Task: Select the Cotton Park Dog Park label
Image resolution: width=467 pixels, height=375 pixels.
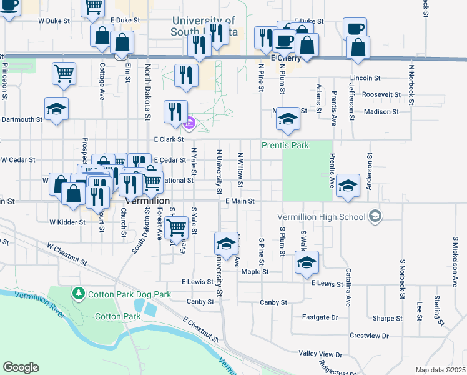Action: pos(129,294)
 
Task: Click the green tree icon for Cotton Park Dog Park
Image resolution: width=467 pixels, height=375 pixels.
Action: pos(79,293)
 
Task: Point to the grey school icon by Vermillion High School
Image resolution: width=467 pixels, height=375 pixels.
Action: pos(375,216)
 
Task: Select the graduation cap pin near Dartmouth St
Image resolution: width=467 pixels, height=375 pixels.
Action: pos(56,111)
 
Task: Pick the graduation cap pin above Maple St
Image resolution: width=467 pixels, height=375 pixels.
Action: pos(307,263)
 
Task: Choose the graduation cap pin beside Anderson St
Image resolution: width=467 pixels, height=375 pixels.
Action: pos(348,186)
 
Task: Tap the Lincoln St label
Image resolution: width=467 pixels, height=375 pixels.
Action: pos(369,78)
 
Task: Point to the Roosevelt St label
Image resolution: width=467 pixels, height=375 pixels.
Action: pos(381,94)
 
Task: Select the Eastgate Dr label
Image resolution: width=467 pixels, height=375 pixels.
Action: pos(320,317)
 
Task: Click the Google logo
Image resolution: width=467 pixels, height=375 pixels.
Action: pos(21,367)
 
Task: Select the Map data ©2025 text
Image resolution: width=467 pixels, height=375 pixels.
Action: pos(440,370)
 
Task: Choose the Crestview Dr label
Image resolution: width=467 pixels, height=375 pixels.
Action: pos(370,336)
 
